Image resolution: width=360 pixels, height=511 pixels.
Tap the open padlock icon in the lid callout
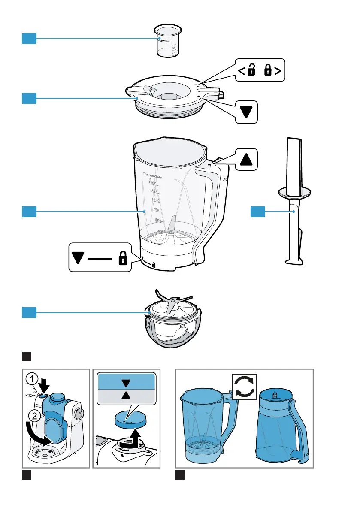pyautogui.click(x=251, y=71)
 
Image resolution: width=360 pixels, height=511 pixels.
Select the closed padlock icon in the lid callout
pyautogui.click(x=269, y=71)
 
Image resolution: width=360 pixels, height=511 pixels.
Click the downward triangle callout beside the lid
pyautogui.click(x=246, y=112)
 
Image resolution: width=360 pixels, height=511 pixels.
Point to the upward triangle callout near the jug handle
pyautogui.click(x=246, y=159)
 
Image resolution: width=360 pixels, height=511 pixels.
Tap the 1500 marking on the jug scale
pyautogui.click(x=149, y=183)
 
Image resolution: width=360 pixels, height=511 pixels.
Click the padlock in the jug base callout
pyautogui.click(x=123, y=257)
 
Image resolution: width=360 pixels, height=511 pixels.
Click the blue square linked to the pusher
pyautogui.click(x=258, y=210)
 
